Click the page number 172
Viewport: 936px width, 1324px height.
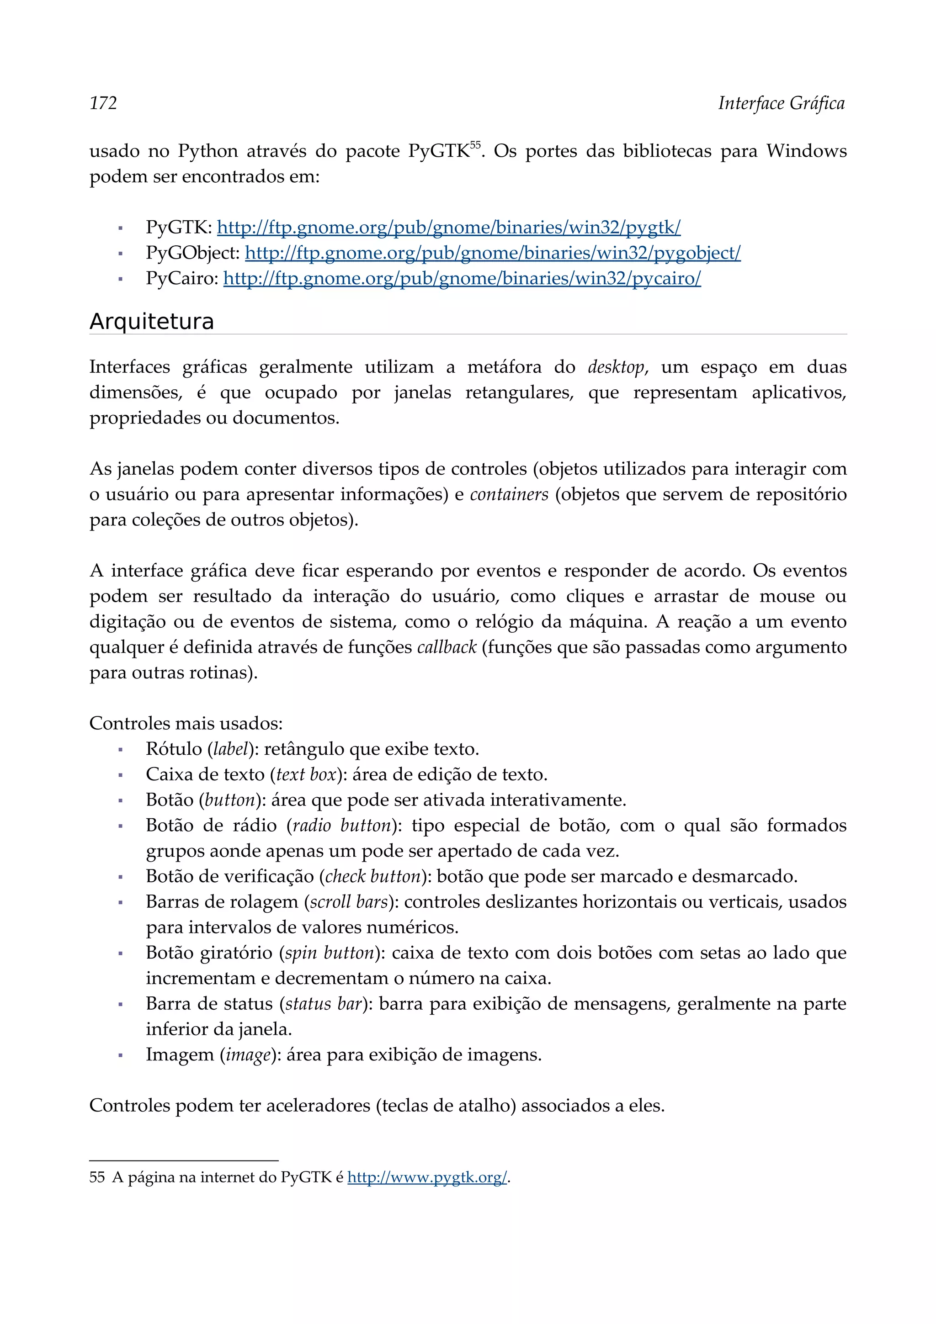tap(103, 103)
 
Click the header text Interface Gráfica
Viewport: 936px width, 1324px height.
tap(781, 103)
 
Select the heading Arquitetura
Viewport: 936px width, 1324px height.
tap(152, 321)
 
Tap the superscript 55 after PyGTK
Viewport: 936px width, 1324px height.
tap(475, 145)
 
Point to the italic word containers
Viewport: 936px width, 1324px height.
tap(509, 494)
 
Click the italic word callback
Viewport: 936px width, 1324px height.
tap(447, 647)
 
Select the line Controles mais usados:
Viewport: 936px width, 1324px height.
tap(186, 723)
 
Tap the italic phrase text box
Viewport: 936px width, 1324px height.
tap(306, 774)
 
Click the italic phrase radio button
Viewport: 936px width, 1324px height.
tap(342, 825)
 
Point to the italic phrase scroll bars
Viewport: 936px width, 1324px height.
tap(349, 901)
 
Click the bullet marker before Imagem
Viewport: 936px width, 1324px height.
tap(121, 1055)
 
